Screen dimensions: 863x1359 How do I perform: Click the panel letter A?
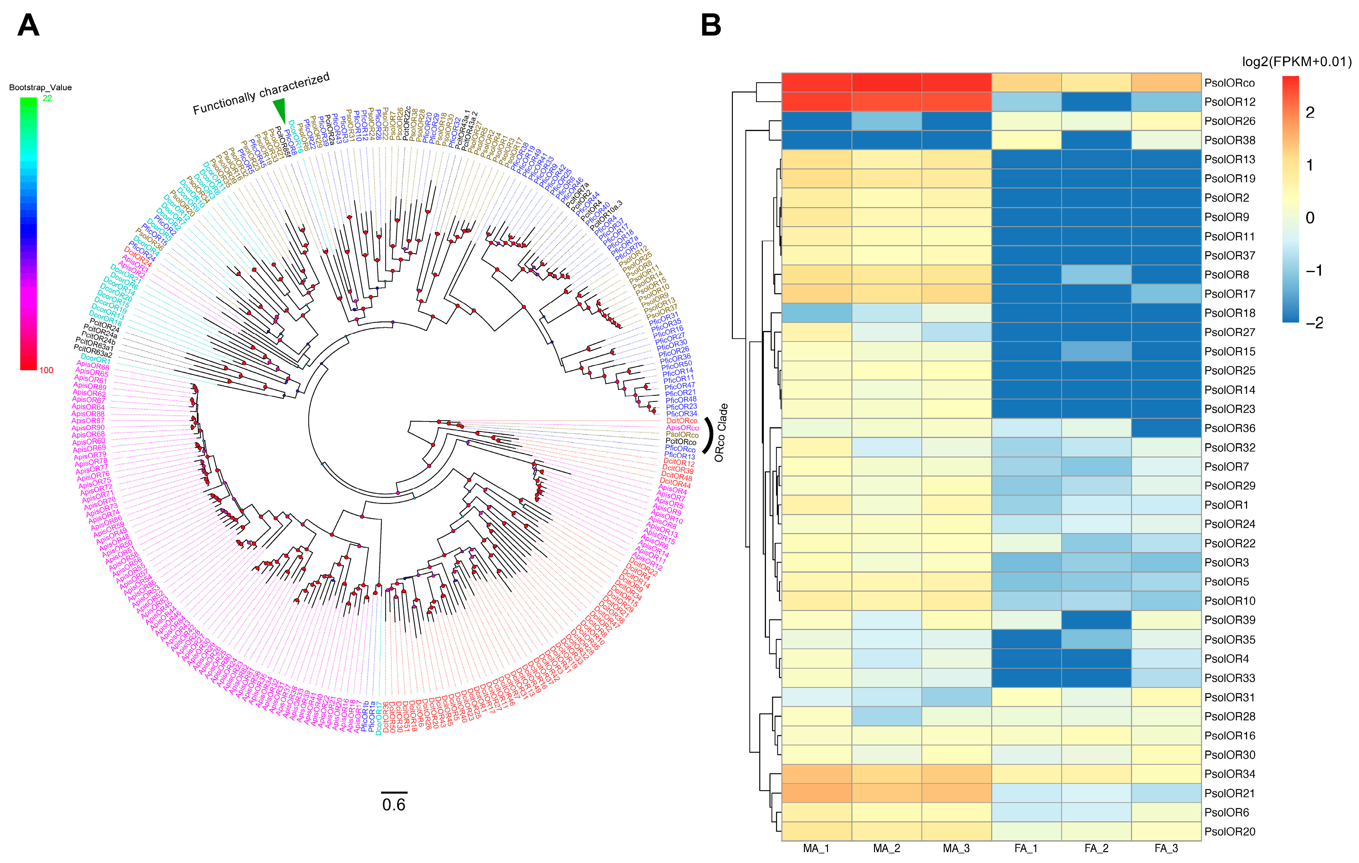click(x=28, y=25)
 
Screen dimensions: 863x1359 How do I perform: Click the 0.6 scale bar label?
click(x=393, y=804)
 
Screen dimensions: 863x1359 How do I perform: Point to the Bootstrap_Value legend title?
click(x=40, y=87)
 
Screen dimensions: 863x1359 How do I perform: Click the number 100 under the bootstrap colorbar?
click(x=46, y=370)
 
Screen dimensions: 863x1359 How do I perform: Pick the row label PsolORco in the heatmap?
click(x=1229, y=83)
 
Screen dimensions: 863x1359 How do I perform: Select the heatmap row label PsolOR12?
click(x=1229, y=102)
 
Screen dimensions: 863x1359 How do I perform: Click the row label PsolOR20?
click(x=1229, y=831)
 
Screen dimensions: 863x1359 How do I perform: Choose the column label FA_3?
click(x=1166, y=848)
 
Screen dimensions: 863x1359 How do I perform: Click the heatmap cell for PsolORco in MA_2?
click(x=886, y=82)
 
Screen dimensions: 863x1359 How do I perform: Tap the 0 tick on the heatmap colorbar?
click(x=1310, y=218)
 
